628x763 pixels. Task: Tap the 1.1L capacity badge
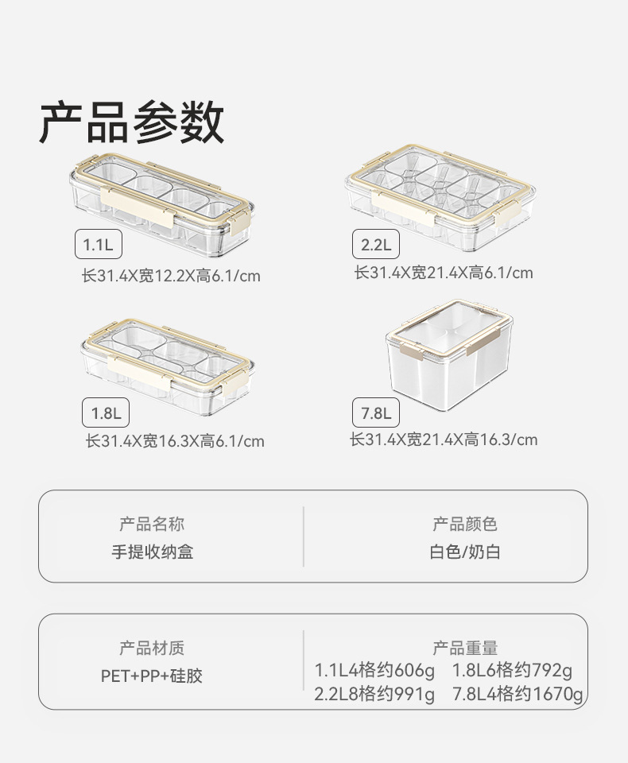[x=99, y=245]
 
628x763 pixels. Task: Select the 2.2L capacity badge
[x=376, y=244]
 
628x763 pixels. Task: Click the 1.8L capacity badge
[x=105, y=413]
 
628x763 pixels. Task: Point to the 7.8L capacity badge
[x=376, y=413]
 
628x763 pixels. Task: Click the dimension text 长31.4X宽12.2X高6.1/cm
[x=171, y=277]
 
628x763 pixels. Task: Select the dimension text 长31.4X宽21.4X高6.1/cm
[x=444, y=273]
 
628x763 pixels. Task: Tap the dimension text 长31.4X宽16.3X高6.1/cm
[x=175, y=441]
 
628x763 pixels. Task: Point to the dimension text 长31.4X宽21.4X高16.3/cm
[x=444, y=440]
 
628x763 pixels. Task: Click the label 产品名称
[x=152, y=525]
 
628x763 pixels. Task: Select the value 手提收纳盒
[x=152, y=552]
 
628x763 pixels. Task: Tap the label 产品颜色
[x=465, y=525]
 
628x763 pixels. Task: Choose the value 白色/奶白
[x=465, y=552]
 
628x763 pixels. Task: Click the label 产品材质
[x=152, y=649]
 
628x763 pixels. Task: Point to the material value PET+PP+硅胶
[x=152, y=676]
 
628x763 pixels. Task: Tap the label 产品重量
[x=465, y=649]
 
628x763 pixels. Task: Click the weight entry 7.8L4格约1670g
[x=518, y=695]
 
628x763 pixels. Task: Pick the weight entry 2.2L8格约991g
[x=375, y=695]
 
